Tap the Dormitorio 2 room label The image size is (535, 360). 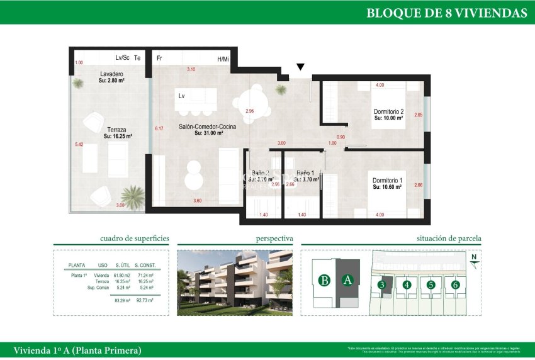388,112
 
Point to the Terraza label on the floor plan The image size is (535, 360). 118,130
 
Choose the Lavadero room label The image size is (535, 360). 111,75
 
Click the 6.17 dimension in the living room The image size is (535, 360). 159,129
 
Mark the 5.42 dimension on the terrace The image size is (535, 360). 79,144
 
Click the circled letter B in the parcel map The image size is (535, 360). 324,281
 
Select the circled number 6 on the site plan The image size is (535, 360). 455,284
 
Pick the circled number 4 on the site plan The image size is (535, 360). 407,284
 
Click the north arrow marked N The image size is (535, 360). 473,257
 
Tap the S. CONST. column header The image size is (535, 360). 145,266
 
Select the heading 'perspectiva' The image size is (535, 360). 274,239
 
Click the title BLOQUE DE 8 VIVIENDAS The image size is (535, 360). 446,13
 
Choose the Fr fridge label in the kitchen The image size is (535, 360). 159,59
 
